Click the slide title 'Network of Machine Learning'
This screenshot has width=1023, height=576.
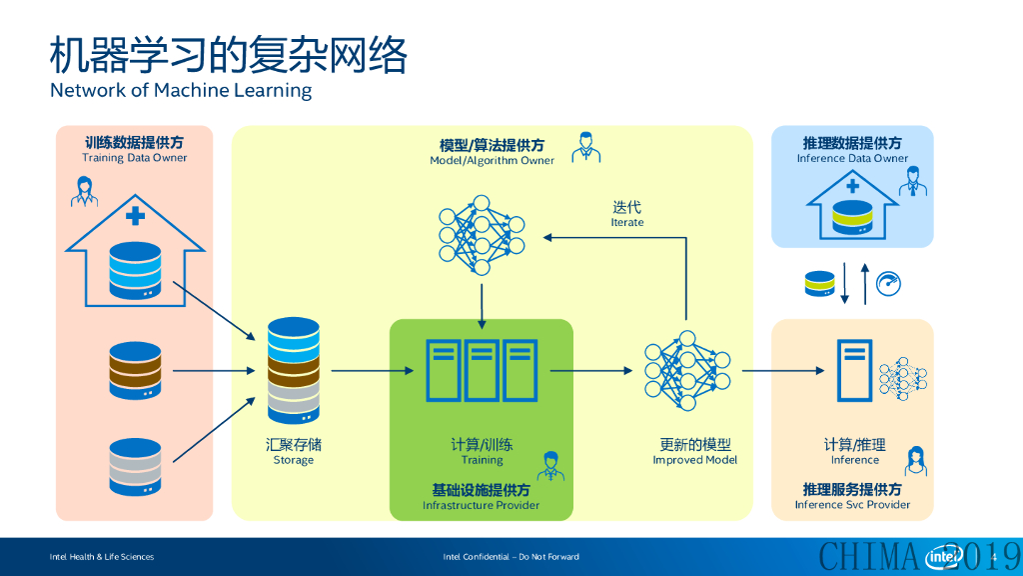coord(181,90)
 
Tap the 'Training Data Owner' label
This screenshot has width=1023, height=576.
coord(135,157)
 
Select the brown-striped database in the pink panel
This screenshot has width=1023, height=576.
coord(135,370)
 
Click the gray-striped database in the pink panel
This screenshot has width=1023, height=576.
coord(135,467)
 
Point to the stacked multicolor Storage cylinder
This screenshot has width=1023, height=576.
coord(294,370)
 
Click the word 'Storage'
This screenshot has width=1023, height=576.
coord(294,460)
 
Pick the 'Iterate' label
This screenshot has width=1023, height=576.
coord(627,222)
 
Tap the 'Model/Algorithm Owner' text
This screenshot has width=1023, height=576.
coord(492,161)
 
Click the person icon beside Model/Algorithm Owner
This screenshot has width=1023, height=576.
coord(585,147)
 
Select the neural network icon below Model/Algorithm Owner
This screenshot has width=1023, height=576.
coord(482,235)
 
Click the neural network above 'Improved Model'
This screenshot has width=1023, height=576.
coord(687,370)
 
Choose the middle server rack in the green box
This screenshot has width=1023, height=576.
coord(482,370)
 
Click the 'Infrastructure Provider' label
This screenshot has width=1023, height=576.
coord(481,505)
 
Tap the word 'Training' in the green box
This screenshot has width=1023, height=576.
coord(483,460)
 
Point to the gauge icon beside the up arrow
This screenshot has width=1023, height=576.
coord(888,284)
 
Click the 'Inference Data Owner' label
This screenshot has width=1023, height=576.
coord(852,158)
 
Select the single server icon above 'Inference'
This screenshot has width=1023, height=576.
coord(855,370)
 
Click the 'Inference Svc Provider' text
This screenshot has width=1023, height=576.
coord(852,505)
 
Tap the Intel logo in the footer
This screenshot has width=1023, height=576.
coord(943,556)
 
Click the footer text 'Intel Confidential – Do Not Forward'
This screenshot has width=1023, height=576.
coord(511,557)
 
